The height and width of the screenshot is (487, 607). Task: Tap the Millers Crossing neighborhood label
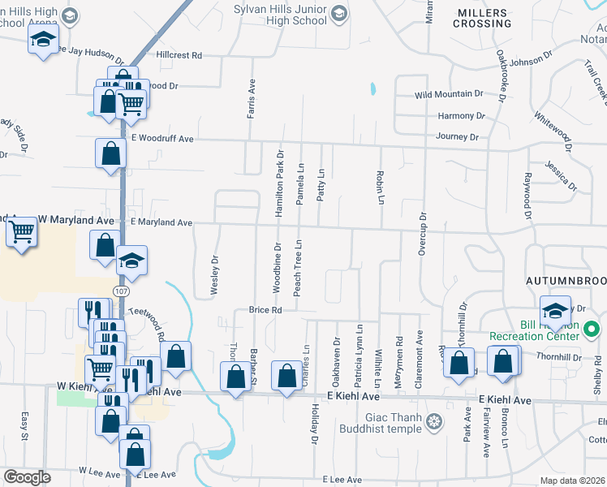pos(484,18)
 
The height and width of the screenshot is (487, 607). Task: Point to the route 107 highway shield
pos(120,291)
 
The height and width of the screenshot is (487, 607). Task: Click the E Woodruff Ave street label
pos(162,139)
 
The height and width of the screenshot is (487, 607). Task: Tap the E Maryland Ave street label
pos(161,222)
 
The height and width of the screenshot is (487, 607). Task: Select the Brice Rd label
pos(265,310)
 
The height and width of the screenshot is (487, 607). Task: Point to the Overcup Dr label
pos(422,235)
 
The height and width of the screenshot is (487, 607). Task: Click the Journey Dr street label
pos(458,137)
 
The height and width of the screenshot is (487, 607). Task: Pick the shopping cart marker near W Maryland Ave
pos(22,234)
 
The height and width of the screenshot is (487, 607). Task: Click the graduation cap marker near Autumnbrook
pos(556,310)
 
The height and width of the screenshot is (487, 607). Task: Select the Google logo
pos(27,477)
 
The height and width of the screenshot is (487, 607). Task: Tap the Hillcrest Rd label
pos(178,55)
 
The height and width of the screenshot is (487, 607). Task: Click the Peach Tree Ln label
pos(298,268)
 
